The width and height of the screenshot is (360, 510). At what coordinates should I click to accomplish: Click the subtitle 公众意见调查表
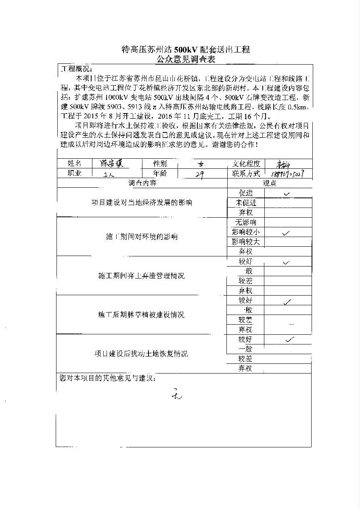click(186, 60)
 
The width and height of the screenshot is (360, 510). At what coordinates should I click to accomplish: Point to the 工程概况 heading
click(76, 69)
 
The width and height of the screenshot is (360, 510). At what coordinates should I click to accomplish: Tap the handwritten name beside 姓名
click(114, 163)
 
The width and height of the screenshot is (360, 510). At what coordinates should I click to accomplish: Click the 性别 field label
click(159, 164)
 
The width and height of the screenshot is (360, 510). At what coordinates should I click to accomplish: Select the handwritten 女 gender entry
click(201, 164)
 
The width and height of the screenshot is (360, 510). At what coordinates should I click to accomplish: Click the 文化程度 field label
click(246, 164)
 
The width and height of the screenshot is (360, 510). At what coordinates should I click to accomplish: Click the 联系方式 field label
click(246, 173)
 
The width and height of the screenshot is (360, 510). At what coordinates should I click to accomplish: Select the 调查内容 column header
click(142, 183)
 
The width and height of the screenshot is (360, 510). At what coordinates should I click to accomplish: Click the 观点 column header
click(270, 183)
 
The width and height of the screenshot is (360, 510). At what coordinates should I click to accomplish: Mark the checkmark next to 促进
click(287, 194)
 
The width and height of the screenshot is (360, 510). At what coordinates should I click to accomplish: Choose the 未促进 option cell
click(246, 203)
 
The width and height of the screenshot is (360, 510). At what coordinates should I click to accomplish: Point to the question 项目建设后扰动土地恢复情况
click(141, 354)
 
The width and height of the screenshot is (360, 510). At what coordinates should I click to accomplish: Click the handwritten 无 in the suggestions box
click(176, 394)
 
